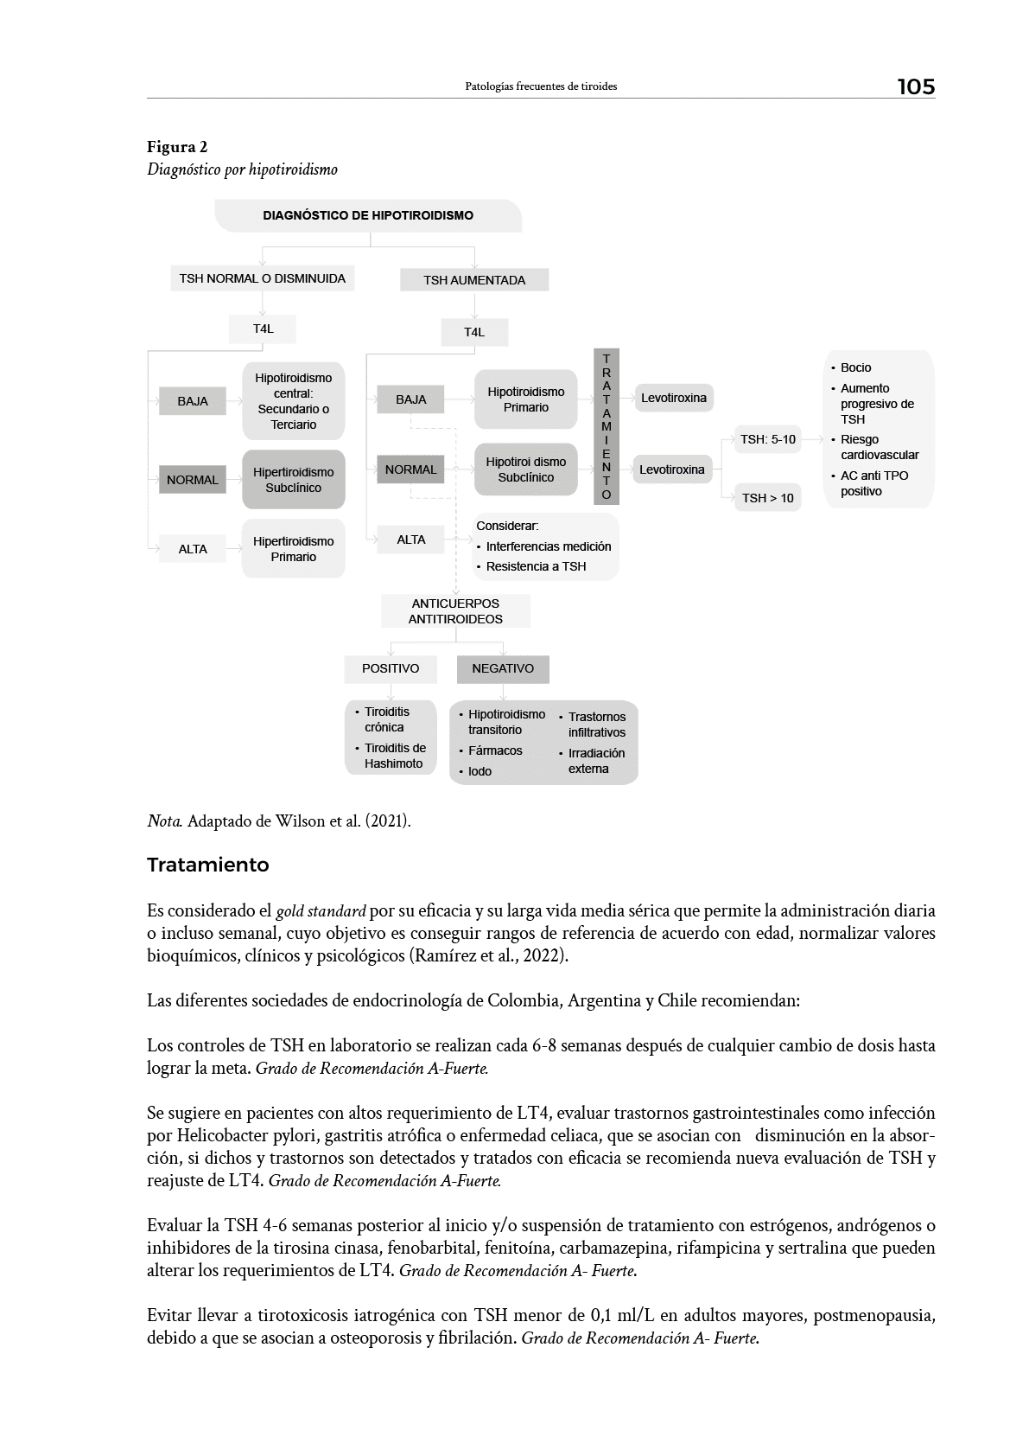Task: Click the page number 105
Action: click(x=915, y=86)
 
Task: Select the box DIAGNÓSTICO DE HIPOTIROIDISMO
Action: click(x=368, y=215)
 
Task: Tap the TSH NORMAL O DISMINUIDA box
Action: click(x=262, y=278)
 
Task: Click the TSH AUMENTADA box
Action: click(x=474, y=280)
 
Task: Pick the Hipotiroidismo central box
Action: click(x=294, y=401)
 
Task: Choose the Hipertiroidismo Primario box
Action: click(x=294, y=549)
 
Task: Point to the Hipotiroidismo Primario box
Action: click(x=525, y=399)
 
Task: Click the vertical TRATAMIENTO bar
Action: click(x=607, y=426)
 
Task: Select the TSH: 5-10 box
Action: click(x=767, y=439)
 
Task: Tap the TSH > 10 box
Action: click(x=767, y=498)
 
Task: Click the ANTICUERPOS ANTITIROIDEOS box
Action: click(x=455, y=611)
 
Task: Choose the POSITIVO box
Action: click(x=391, y=668)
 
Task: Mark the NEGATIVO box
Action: click(x=503, y=668)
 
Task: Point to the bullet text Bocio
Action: click(x=855, y=367)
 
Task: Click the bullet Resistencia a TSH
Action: click(x=536, y=566)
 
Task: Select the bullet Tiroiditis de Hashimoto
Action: click(x=394, y=756)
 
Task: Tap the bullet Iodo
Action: click(x=480, y=771)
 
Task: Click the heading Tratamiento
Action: click(x=208, y=865)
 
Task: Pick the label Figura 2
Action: click(x=177, y=147)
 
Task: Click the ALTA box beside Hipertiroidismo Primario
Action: click(x=193, y=549)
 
